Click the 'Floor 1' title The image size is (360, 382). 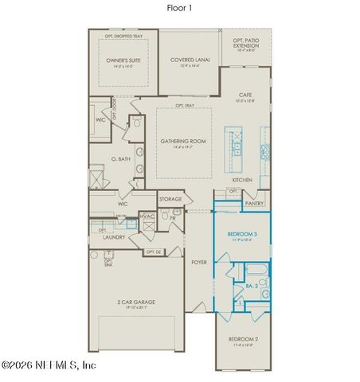[179, 8]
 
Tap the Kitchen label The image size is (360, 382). [242, 180]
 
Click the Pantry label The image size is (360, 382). [254, 203]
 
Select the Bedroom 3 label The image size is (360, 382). [241, 234]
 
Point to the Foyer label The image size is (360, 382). [198, 260]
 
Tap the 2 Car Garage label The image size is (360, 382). [135, 302]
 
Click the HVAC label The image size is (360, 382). [147, 216]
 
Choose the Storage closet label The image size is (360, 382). [170, 199]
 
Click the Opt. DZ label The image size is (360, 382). [154, 252]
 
